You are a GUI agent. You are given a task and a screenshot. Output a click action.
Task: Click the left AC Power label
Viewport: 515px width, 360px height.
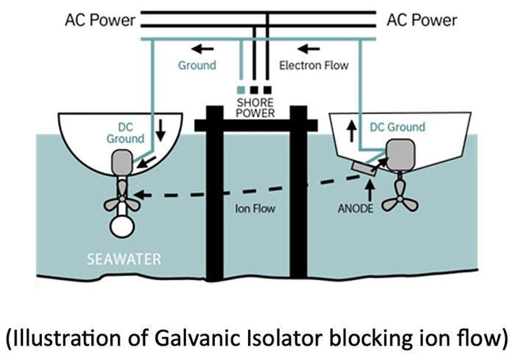click(x=100, y=19)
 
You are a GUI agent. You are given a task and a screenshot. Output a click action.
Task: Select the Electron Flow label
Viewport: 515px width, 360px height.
click(x=315, y=65)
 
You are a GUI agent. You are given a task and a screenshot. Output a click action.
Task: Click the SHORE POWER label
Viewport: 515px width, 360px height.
click(x=257, y=107)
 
